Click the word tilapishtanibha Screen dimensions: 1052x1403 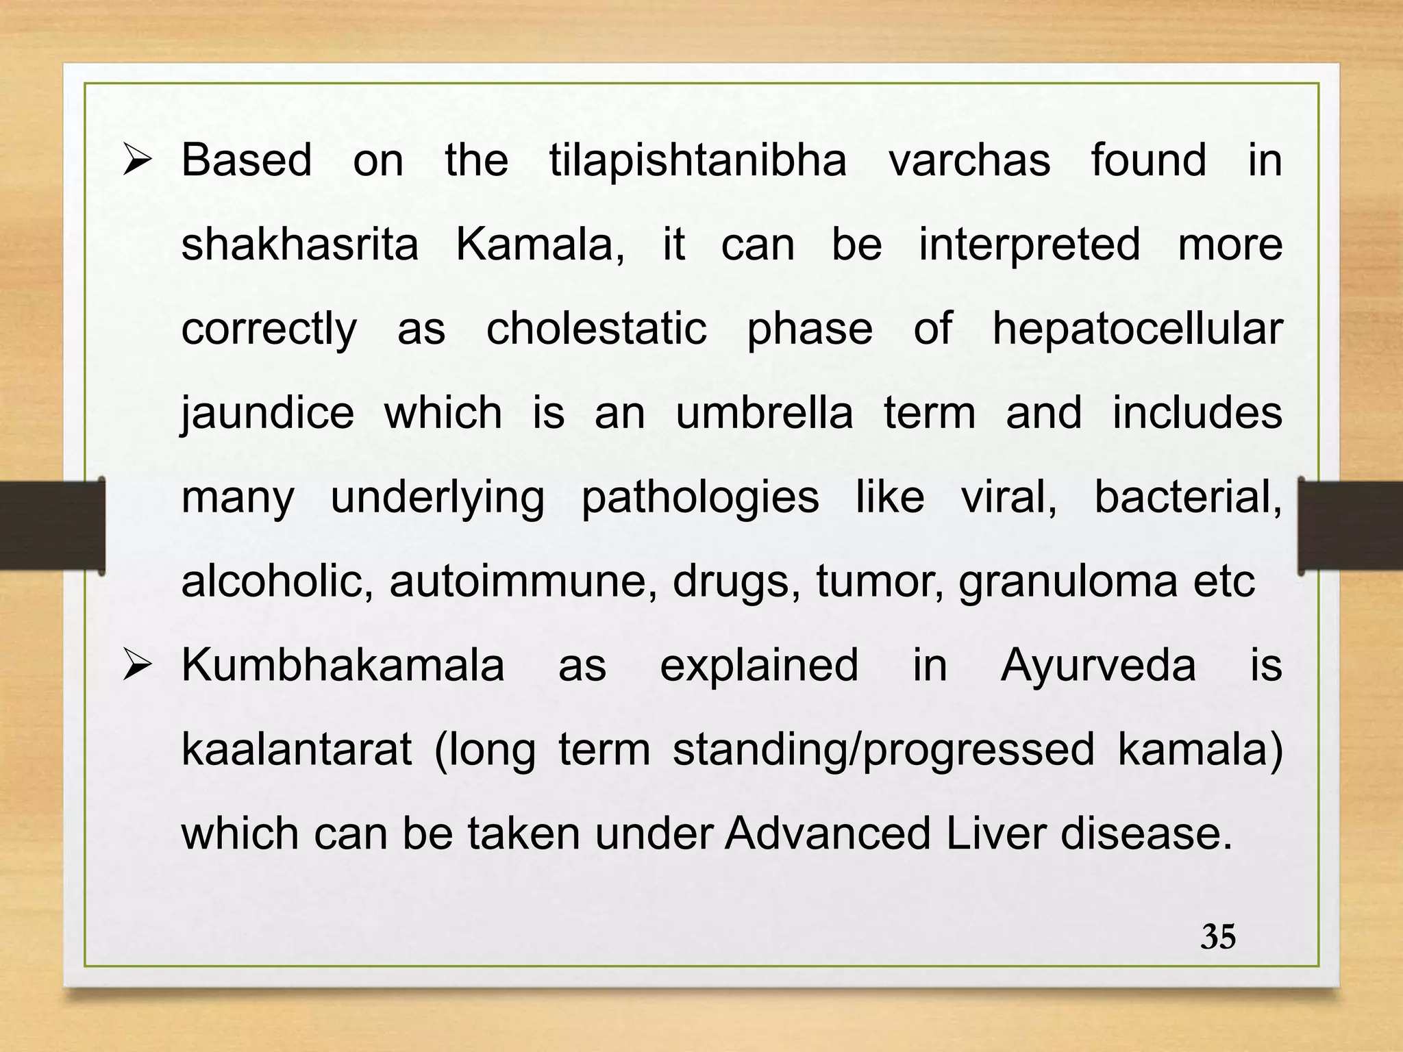(697, 162)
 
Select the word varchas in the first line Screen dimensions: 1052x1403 (969, 162)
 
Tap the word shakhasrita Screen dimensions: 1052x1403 (299, 245)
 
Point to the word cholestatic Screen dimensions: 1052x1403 (596, 329)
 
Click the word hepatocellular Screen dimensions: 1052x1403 (1137, 330)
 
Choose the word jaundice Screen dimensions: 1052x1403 (267, 414)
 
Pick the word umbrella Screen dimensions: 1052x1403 (765, 413)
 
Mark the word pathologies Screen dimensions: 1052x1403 (699, 498)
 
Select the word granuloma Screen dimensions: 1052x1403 (1068, 583)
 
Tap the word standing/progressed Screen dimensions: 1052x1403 (884, 751)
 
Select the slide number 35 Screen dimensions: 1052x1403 (1218, 937)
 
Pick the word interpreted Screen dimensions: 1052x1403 (1030, 245)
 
